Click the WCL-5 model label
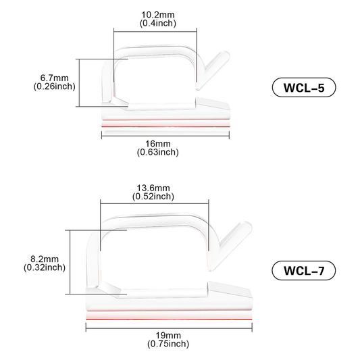coord(304,88)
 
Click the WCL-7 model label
coord(304,270)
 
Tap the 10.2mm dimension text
coord(158,15)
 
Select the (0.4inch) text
coord(158,23)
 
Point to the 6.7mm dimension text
coord(55,78)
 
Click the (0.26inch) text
coord(55,86)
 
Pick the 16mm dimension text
coord(158,144)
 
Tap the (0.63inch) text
coord(158,152)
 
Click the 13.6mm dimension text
coord(153,188)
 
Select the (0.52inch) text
coord(153,197)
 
